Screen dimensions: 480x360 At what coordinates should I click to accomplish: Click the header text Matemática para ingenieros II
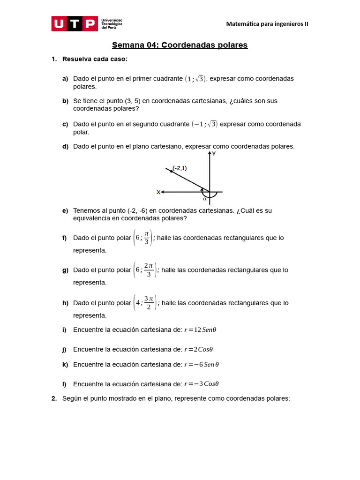pos(267,24)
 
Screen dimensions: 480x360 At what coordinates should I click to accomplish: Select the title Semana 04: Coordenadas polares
pos(180,45)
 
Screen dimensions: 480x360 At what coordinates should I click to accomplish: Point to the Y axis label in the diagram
pos(214,153)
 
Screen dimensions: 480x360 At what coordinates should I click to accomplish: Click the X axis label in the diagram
pos(158,192)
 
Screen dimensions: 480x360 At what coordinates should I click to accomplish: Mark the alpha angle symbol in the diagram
pos(205,199)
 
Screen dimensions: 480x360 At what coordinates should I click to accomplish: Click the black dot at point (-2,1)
pos(171,172)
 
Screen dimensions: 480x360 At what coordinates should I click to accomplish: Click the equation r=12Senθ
pos(200,330)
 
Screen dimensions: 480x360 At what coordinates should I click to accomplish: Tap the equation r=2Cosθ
pos(198,349)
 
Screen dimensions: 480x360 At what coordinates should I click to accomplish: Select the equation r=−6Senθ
pos(202,365)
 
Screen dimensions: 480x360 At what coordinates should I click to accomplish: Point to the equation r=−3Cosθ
pos(202,384)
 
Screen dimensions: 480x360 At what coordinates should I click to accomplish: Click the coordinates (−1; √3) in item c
pos(204,124)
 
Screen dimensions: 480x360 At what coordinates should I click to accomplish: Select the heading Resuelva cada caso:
pos(95,59)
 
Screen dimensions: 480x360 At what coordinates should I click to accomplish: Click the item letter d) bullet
pos(65,146)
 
